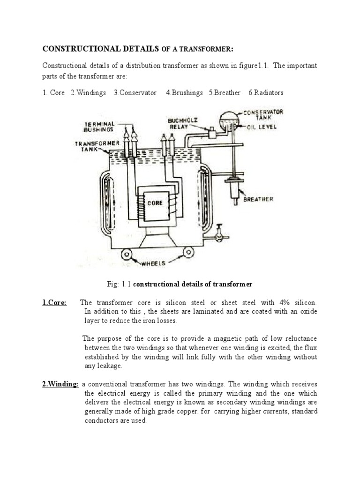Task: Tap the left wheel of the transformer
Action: tap(127, 255)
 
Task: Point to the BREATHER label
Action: tap(258, 199)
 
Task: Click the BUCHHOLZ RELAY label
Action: tap(180, 123)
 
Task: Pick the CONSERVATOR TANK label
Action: tap(264, 115)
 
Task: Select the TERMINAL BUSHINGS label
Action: tap(100, 126)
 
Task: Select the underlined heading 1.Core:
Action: tap(55, 302)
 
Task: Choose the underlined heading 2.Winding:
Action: tap(60, 384)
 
